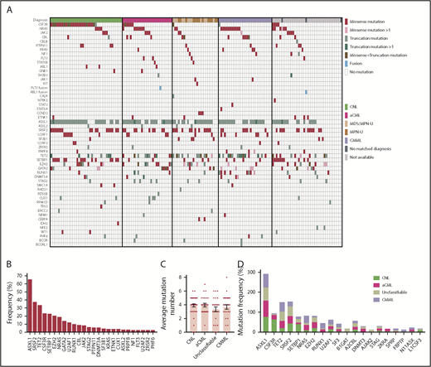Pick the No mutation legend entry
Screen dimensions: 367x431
coord(373,73)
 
